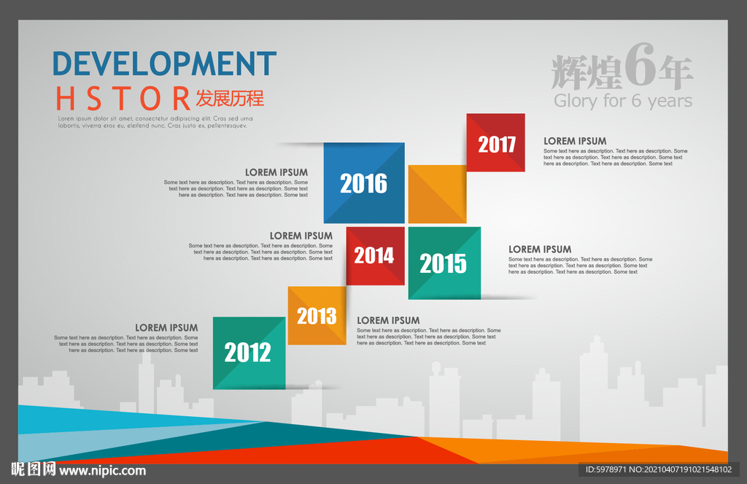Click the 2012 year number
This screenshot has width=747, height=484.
point(248,353)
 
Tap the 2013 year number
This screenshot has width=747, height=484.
point(317,315)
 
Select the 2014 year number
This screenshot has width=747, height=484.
point(374,256)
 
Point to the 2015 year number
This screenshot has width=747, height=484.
point(443,264)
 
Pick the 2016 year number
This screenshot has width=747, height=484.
point(363,183)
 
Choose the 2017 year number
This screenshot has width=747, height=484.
point(497,144)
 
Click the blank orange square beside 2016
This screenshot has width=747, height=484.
point(438,194)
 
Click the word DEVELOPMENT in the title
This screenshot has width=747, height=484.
point(164,64)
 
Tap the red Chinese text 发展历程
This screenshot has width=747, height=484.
point(230,99)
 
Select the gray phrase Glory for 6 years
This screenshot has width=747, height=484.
point(623,101)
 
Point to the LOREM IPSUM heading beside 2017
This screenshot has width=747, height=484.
point(575,141)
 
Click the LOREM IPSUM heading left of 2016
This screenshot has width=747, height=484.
point(276,172)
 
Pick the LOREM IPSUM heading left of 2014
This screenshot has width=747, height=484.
point(301,236)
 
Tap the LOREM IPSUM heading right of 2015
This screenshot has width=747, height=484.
point(540,250)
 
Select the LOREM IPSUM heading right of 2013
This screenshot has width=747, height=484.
point(388,320)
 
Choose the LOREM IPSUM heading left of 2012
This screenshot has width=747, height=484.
point(166,328)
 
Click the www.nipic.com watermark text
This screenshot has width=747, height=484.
point(102,471)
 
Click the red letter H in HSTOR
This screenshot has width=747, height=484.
point(65,99)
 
